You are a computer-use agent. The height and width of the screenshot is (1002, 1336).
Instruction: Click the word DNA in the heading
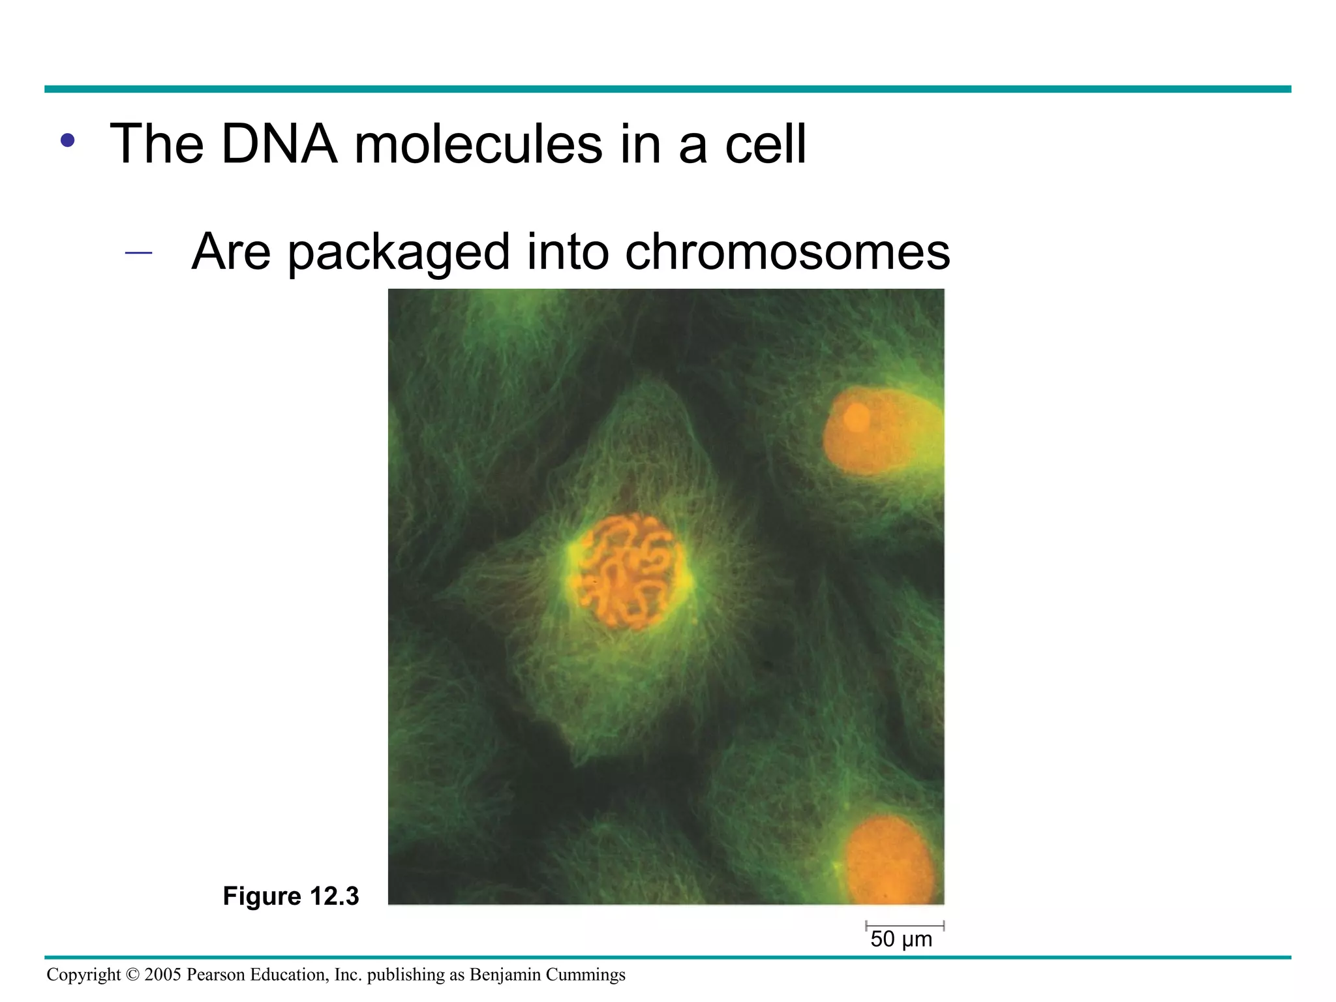(x=279, y=144)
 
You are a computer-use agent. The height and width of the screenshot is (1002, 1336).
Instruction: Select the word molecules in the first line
(x=478, y=144)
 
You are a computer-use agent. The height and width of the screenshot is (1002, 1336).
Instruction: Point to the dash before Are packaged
(x=138, y=253)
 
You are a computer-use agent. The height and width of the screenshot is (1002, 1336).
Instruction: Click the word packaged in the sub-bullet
(x=398, y=253)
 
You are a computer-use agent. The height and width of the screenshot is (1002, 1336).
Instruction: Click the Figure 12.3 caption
(x=291, y=896)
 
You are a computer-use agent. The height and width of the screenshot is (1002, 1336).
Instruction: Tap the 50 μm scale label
(x=902, y=939)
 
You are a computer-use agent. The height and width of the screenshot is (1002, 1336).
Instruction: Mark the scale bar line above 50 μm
(x=905, y=926)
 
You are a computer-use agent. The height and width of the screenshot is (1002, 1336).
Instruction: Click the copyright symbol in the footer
(x=132, y=975)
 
